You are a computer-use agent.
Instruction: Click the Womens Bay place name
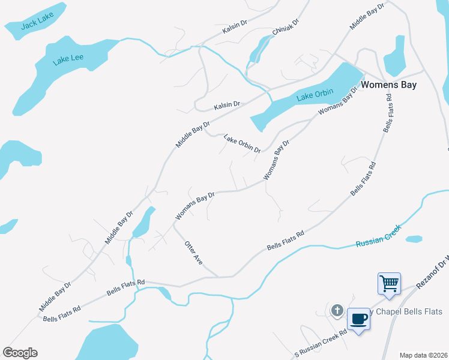point(389,85)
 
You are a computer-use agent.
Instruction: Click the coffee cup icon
point(358,319)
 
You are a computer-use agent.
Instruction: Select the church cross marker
point(337,311)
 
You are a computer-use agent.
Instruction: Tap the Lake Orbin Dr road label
point(242,143)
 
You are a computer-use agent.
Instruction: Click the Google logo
point(20,353)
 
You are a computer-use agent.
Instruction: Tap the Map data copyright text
point(424,355)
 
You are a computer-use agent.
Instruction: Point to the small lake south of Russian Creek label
point(414,239)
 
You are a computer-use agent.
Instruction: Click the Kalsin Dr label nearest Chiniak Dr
point(235,24)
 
